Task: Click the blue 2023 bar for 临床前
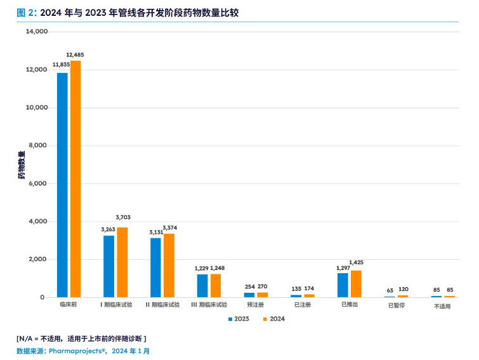point(62,185)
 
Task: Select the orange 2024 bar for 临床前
point(75,179)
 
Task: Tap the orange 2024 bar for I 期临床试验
point(122,262)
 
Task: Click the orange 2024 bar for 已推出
point(356,284)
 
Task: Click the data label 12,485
point(75,55)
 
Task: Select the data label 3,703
point(123,217)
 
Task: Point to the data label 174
point(309,288)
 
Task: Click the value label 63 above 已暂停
point(389,291)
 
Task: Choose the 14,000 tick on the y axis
point(37,32)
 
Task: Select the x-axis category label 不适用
point(442,305)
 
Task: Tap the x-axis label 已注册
point(302,305)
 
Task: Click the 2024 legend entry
point(273,319)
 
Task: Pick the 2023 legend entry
point(239,319)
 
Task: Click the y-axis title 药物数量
point(22,165)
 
